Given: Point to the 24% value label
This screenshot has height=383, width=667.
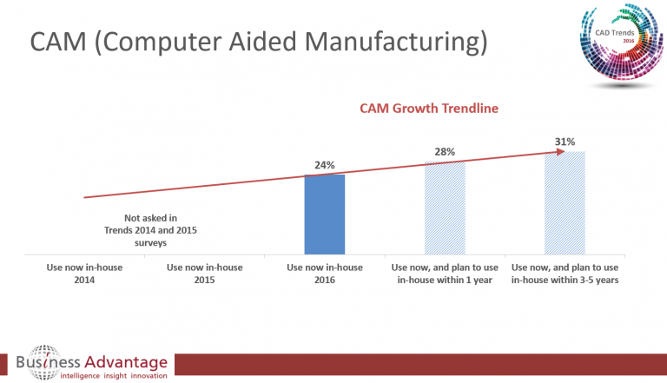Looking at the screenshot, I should click(x=325, y=165).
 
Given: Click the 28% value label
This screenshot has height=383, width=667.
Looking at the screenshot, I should click(x=445, y=153).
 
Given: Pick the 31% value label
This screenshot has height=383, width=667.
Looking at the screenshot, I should click(x=565, y=141).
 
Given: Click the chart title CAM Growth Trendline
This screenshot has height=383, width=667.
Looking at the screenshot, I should click(x=428, y=109).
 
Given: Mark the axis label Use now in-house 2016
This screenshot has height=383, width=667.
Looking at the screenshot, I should click(x=325, y=274).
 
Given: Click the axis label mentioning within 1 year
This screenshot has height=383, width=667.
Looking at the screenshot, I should click(x=445, y=274).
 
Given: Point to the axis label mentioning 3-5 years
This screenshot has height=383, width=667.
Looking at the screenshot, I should click(x=565, y=274).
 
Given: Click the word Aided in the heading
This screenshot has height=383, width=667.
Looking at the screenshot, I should click(x=272, y=43).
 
